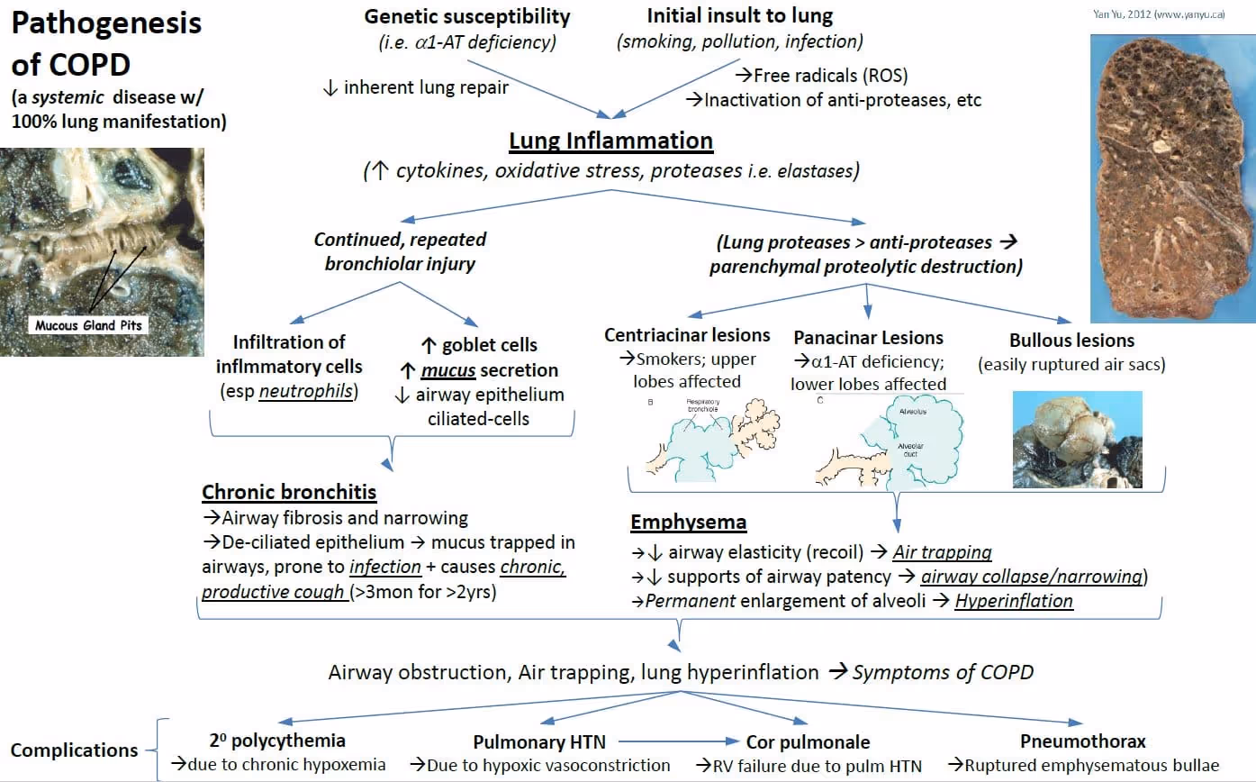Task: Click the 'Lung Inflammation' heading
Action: tap(610, 141)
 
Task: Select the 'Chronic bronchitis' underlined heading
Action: tap(289, 492)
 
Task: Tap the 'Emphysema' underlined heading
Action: tap(688, 523)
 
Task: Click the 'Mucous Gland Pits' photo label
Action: tap(88, 325)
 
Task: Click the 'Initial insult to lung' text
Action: tap(739, 15)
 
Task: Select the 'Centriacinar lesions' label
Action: tap(688, 335)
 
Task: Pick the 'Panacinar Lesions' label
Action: tap(868, 338)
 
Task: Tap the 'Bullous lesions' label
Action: tap(1072, 341)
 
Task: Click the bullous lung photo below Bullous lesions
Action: tap(1077, 439)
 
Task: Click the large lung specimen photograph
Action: tap(1171, 177)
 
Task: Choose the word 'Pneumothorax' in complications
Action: tap(1083, 741)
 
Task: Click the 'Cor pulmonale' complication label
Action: tap(808, 742)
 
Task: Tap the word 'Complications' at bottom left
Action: tap(75, 750)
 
